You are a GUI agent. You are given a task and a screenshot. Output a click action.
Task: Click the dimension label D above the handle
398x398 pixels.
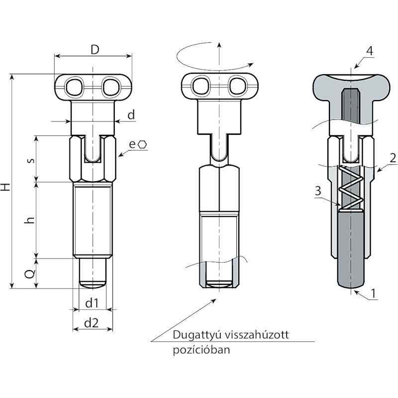click(95, 50)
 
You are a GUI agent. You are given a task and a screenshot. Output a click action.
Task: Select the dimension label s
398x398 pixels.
click(31, 160)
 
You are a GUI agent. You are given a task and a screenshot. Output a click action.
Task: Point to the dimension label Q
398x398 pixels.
click(30, 274)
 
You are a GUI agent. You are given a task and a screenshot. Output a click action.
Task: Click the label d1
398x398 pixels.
click(92, 303)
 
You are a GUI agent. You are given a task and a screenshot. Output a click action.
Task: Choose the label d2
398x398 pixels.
click(91, 323)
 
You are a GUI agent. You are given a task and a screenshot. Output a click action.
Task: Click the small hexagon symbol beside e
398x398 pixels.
click(142, 145)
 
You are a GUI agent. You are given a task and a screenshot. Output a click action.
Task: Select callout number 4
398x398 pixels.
click(370, 51)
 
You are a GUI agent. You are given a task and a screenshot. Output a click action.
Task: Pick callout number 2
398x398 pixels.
click(393, 158)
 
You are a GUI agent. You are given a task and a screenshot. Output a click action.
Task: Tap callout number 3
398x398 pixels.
click(318, 191)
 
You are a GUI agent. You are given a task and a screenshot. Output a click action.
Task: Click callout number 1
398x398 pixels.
click(373, 294)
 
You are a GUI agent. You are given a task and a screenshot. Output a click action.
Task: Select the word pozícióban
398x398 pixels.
click(201, 350)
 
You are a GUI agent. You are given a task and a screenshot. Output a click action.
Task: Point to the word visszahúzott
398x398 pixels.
click(257, 334)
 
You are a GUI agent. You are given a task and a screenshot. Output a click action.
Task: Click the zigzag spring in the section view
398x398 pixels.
click(350, 189)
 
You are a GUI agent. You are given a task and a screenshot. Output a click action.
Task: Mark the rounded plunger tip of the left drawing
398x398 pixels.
click(93, 284)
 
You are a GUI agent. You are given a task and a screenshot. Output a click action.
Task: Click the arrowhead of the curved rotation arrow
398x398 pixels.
click(251, 64)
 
